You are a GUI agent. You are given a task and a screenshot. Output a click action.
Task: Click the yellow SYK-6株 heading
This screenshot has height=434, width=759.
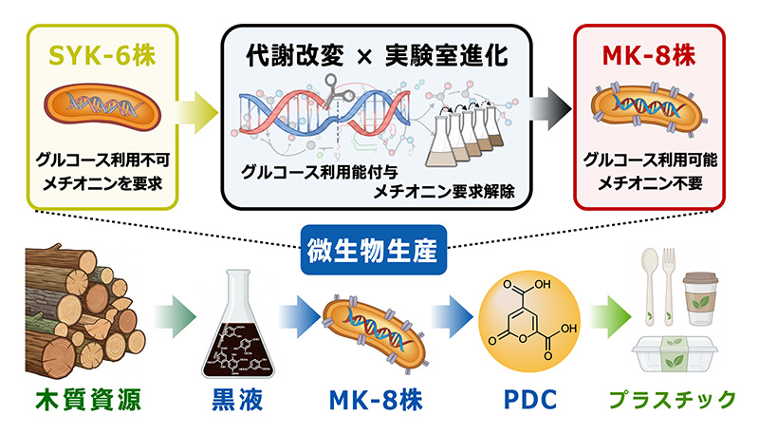[x=102, y=56]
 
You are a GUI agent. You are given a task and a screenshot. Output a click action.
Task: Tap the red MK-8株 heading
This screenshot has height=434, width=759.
[x=649, y=56]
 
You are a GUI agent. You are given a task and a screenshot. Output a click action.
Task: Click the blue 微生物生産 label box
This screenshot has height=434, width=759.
[x=373, y=250]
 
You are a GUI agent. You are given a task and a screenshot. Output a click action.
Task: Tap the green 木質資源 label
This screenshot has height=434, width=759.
[x=88, y=400]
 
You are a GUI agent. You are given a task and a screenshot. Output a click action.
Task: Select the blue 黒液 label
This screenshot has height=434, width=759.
[x=237, y=400]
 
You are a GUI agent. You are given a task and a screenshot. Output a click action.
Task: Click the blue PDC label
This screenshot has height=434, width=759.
[x=530, y=400]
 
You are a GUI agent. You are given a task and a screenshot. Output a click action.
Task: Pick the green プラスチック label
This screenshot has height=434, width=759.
[x=673, y=400]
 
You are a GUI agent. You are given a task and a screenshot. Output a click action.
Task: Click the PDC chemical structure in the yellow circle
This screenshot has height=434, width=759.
[x=529, y=321]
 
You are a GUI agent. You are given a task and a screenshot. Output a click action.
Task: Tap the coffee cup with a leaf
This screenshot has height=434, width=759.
[x=700, y=298]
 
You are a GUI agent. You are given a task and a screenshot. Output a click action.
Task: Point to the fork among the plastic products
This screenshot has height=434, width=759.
[x=669, y=286]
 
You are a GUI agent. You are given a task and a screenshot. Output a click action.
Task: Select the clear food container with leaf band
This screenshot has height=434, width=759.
[x=675, y=354]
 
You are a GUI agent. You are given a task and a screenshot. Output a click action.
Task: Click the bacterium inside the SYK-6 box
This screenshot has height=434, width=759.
[x=102, y=106]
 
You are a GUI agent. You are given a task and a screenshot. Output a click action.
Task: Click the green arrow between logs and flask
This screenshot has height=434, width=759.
[x=176, y=317]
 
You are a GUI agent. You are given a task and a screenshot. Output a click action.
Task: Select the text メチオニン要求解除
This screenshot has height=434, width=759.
[x=444, y=192]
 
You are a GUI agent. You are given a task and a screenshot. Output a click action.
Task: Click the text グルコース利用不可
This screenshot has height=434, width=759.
[x=102, y=160]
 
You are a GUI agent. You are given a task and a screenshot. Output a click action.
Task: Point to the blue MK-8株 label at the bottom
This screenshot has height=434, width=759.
[x=376, y=400]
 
